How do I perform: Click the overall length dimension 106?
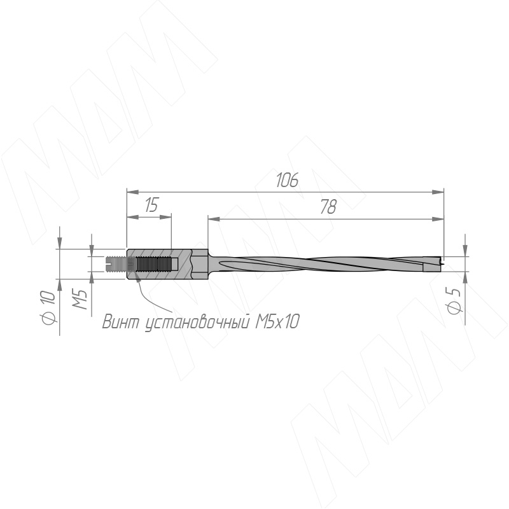287,180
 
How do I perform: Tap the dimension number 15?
151,205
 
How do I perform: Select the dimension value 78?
328,207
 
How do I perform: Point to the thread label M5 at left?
80,299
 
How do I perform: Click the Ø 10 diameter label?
48,307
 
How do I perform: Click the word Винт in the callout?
122,322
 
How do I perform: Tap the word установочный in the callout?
197,323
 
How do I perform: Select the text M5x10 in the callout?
277,322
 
